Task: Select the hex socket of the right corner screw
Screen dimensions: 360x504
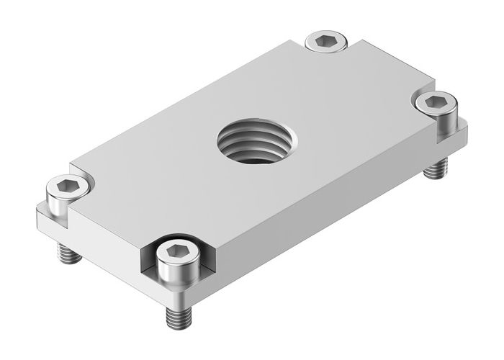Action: coord(434,102)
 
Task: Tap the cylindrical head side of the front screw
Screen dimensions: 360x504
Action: coord(175,272)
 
